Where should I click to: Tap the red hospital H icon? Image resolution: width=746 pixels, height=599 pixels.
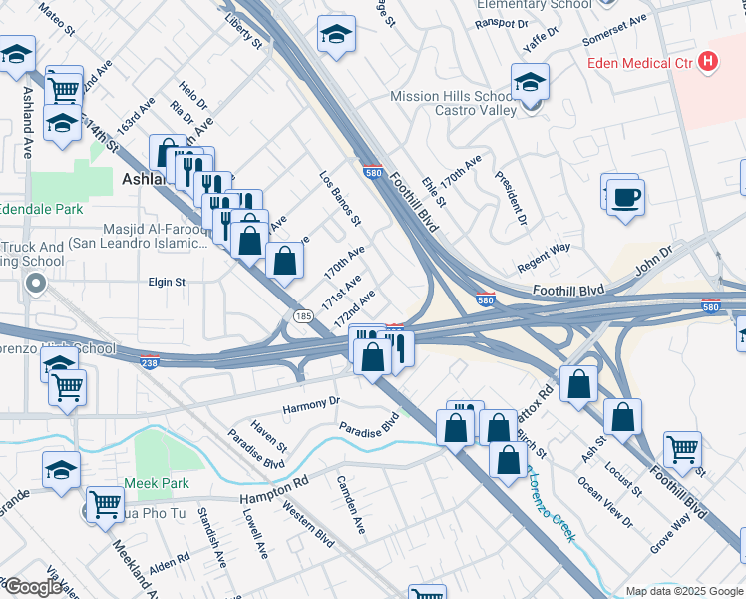coord(708,62)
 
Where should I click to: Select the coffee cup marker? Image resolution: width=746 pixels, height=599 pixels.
coord(625,196)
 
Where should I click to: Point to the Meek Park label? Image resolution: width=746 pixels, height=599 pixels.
coord(157,483)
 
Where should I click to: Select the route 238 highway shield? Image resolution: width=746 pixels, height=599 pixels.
coord(150,361)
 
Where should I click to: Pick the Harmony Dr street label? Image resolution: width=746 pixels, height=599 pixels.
coord(311,402)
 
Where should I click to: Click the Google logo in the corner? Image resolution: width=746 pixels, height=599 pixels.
coord(33,587)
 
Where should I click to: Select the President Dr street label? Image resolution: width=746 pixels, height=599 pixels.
coord(511,197)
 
